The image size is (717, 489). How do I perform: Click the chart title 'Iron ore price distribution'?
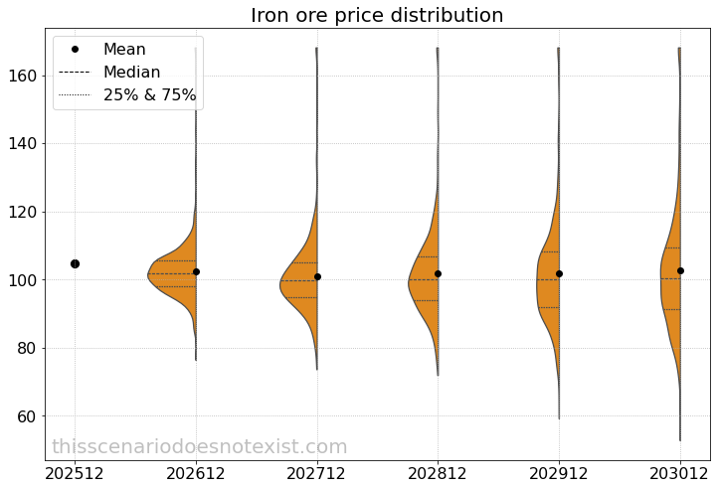coord(377,16)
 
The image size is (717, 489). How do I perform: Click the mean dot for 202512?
coord(75,263)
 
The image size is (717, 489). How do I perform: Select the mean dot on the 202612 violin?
coord(196,271)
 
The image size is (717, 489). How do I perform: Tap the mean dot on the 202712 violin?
coord(317,276)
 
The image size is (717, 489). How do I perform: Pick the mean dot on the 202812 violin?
coord(438,273)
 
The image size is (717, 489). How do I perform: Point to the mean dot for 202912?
coord(559,273)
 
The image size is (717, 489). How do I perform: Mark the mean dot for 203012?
coord(680,270)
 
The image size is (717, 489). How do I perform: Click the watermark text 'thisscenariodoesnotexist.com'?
coord(200,447)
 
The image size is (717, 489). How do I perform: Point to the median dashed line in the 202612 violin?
coord(172,273)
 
